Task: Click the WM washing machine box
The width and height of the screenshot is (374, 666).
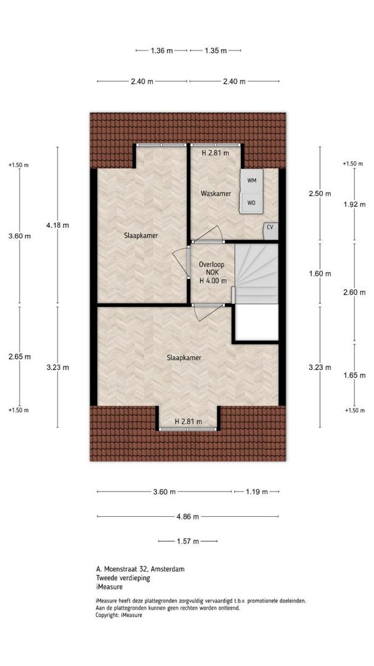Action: (x=252, y=181)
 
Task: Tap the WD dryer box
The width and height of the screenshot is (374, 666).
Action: (x=252, y=203)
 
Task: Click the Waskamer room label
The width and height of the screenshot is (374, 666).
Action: (x=216, y=194)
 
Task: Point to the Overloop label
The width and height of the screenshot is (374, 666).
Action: (x=211, y=265)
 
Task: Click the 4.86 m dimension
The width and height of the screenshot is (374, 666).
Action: (x=188, y=517)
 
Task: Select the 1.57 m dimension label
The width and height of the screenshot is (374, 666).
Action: (x=188, y=541)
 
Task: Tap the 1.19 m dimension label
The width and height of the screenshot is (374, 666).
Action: (x=257, y=492)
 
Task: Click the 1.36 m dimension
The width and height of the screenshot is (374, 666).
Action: (x=162, y=51)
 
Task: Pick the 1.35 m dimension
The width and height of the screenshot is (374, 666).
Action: (x=216, y=51)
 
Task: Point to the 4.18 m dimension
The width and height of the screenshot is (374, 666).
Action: (x=57, y=225)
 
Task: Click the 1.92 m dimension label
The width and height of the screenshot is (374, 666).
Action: (x=354, y=204)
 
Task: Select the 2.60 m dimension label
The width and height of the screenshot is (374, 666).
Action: (x=354, y=292)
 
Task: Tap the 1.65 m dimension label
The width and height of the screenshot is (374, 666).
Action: (x=354, y=375)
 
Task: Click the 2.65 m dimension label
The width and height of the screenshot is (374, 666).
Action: (x=20, y=357)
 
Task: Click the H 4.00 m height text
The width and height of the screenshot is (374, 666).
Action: (x=213, y=281)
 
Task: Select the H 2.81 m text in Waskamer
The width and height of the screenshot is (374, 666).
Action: (x=215, y=153)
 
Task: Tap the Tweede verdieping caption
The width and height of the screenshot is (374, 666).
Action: (x=123, y=578)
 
